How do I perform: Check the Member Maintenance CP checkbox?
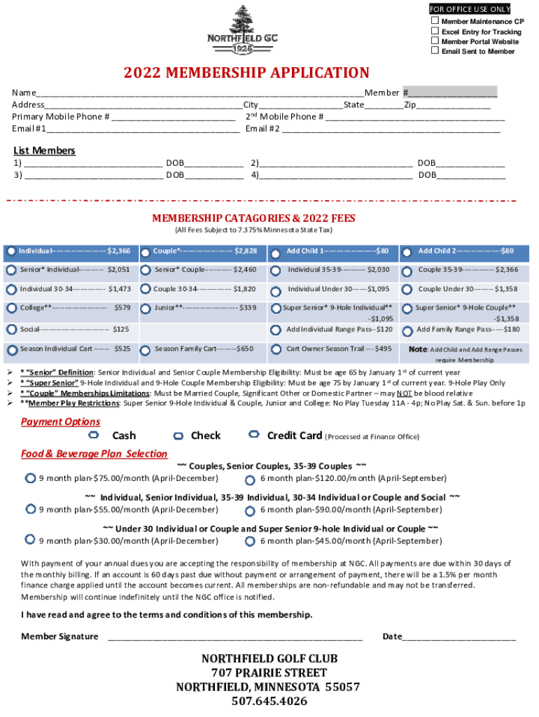pyautogui.click(x=435, y=22)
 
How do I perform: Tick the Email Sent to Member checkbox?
pyautogui.click(x=435, y=51)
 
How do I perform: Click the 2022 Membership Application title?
pyautogui.click(x=246, y=74)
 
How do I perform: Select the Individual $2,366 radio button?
pyautogui.click(x=12, y=251)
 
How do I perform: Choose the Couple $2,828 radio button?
pyautogui.click(x=146, y=251)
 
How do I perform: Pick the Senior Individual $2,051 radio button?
pyautogui.click(x=12, y=270)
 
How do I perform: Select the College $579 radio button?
pyautogui.click(x=12, y=308)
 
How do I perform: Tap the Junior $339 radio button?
pyautogui.click(x=146, y=308)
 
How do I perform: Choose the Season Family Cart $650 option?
pyautogui.click(x=146, y=349)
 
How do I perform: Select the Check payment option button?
pyautogui.click(x=178, y=436)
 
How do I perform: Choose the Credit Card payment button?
pyautogui.click(x=254, y=436)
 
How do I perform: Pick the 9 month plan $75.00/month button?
pyautogui.click(x=30, y=478)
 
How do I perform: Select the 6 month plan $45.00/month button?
pyautogui.click(x=250, y=541)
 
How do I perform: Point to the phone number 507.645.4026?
pyautogui.click(x=269, y=701)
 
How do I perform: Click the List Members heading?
pyautogui.click(x=44, y=151)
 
